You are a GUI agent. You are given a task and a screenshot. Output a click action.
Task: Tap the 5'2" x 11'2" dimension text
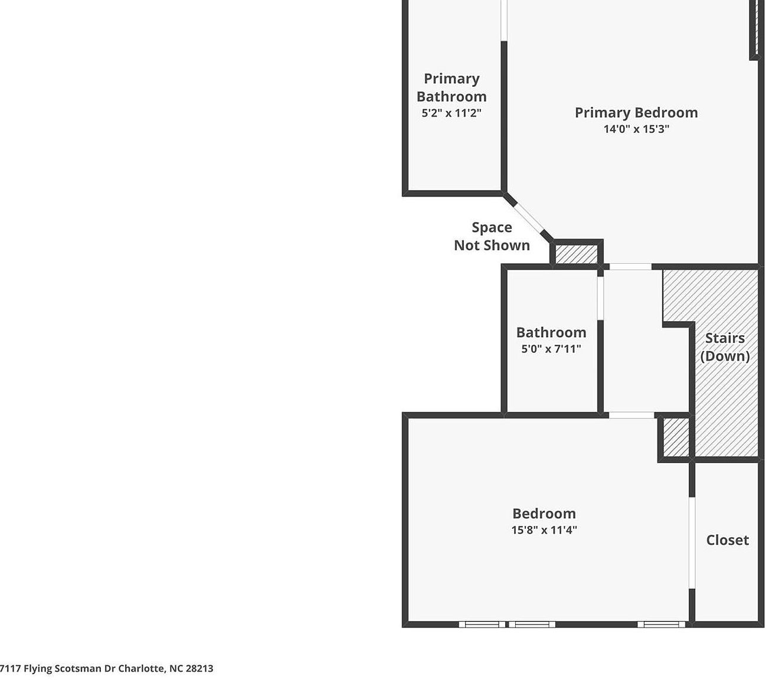point(451,113)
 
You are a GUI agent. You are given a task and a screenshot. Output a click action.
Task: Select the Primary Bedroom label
point(636,113)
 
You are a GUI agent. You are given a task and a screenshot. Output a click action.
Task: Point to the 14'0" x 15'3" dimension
point(636,129)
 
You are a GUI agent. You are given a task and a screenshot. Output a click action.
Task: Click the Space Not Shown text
point(492,236)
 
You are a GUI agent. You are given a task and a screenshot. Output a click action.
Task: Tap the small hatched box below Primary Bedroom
point(577,254)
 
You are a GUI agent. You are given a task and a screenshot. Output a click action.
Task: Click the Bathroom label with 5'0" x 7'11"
point(551,332)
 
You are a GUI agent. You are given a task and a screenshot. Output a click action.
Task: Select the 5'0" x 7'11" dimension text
point(551,349)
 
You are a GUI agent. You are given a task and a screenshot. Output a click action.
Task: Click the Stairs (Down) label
point(725,347)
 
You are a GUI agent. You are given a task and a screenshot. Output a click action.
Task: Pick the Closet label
point(727,540)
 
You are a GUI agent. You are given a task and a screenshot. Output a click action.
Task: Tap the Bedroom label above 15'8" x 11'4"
point(544,514)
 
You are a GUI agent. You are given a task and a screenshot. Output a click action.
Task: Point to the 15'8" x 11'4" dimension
point(544,530)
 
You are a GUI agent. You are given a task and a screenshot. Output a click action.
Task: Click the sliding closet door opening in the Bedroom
point(692,543)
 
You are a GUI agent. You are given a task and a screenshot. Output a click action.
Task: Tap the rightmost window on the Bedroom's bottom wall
point(660,624)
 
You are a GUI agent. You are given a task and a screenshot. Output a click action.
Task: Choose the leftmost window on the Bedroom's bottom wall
point(482,624)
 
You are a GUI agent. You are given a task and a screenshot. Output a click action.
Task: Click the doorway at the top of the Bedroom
point(631,416)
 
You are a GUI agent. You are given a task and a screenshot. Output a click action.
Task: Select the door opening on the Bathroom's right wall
point(600,298)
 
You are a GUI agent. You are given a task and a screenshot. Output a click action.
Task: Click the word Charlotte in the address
point(142,669)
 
